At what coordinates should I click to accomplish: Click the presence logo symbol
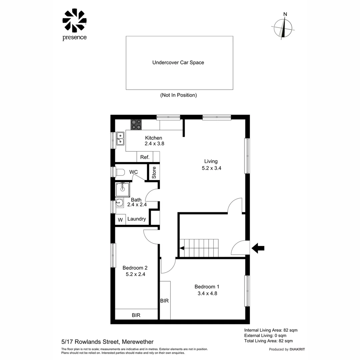click(74, 21)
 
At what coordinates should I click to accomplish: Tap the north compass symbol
click(284, 28)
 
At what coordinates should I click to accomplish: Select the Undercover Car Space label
click(178, 62)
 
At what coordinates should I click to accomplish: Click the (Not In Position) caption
click(178, 95)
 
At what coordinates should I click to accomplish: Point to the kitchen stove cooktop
click(136, 124)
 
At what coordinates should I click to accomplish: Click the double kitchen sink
click(120, 139)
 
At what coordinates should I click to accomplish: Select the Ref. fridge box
click(145, 157)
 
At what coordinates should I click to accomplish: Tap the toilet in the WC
click(120, 172)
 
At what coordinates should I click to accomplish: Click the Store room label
click(154, 173)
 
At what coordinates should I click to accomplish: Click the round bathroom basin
click(119, 202)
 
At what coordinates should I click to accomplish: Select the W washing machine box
click(120, 220)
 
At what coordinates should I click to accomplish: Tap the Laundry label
click(137, 219)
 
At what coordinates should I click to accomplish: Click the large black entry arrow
click(258, 248)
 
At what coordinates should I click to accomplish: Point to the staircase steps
click(199, 248)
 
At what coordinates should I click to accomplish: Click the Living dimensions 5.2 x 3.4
click(211, 168)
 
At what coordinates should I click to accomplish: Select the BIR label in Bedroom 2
click(136, 315)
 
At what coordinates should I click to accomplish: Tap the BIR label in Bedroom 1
click(164, 301)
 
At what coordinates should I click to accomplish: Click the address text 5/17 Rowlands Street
click(107, 342)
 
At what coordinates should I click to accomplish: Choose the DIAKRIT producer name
click(297, 349)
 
